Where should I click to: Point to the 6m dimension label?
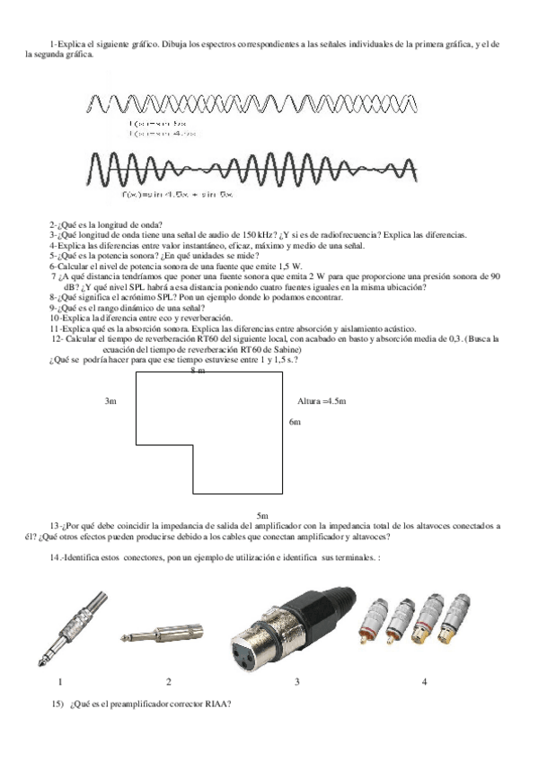pos(295,421)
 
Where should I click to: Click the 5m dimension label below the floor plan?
pos(262,516)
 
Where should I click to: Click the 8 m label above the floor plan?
pos(198,370)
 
